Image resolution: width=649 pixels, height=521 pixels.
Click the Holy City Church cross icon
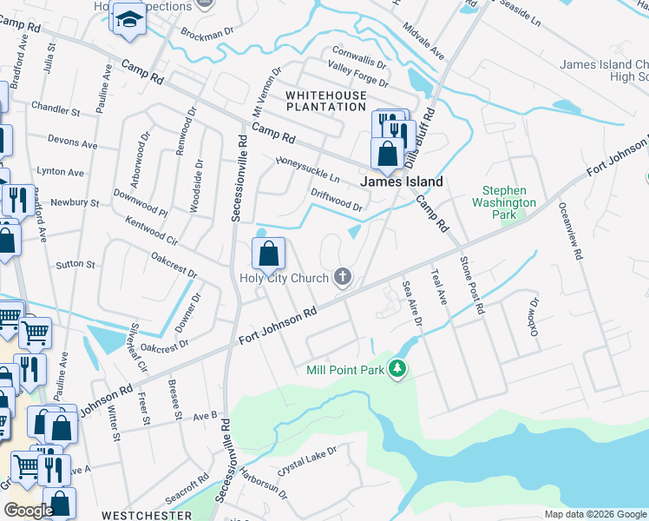point(344,278)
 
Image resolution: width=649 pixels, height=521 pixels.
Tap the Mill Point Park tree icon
point(397,370)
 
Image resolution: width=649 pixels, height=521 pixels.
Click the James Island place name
point(402,182)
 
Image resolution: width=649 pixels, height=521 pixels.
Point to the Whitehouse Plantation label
point(326,100)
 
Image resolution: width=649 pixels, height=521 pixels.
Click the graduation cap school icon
point(128,19)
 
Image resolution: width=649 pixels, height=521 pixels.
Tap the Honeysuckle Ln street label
point(308,169)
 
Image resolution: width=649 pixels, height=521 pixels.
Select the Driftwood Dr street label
point(337,200)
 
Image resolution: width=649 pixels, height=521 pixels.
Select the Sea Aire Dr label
point(411,303)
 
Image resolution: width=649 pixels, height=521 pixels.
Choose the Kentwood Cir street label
point(151,230)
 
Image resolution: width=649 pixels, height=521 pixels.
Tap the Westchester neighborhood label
point(147,515)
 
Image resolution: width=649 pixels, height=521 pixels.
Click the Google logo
point(29,510)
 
